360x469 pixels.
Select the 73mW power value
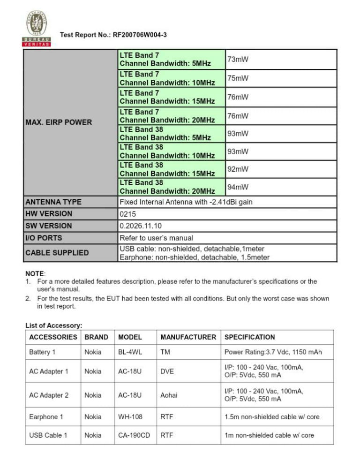click(x=238, y=60)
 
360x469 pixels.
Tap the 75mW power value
click(x=238, y=78)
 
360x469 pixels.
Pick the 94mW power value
click(x=238, y=187)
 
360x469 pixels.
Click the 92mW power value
click(x=238, y=169)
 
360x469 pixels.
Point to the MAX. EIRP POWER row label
click(x=59, y=122)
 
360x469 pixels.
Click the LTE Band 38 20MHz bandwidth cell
click(x=167, y=187)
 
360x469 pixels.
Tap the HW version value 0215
click(x=127, y=214)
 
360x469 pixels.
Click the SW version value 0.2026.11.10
click(x=141, y=226)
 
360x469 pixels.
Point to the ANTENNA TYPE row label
click(x=53, y=202)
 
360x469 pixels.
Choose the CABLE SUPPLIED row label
click(x=57, y=253)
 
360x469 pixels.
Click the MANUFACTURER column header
click(x=188, y=337)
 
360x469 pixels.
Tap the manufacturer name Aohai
click(x=169, y=395)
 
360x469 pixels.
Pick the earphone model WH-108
click(x=130, y=416)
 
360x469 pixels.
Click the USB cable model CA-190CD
click(x=134, y=435)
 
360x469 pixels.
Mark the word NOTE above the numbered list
click(x=35, y=273)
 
